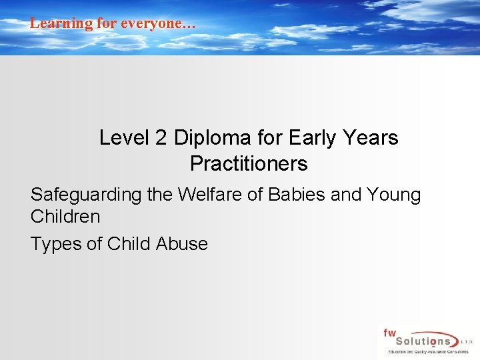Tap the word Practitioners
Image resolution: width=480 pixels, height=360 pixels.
[x=249, y=163]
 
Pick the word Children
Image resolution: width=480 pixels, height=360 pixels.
[x=65, y=217]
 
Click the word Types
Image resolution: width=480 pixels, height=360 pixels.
[x=56, y=244]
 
